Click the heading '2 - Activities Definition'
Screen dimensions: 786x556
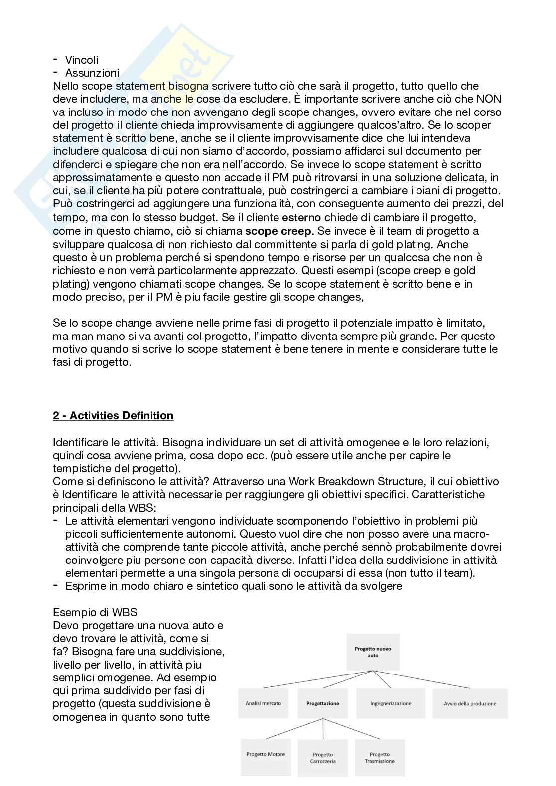click(113, 415)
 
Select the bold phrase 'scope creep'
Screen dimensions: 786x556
click(278, 231)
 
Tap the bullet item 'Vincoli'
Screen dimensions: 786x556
click(82, 60)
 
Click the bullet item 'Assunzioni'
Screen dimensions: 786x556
click(92, 73)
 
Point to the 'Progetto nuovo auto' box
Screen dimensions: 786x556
click(373, 652)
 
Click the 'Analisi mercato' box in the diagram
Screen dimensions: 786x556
click(263, 703)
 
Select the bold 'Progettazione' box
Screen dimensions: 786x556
click(323, 703)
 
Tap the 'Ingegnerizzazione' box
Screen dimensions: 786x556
click(391, 703)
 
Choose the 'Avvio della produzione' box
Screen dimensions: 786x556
click(470, 703)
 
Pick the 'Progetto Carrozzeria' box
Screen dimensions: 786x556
click(323, 758)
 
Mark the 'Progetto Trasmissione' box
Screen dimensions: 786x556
click(379, 758)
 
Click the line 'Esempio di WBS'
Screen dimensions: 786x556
click(88, 612)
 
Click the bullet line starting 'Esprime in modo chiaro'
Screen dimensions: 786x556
click(233, 586)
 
